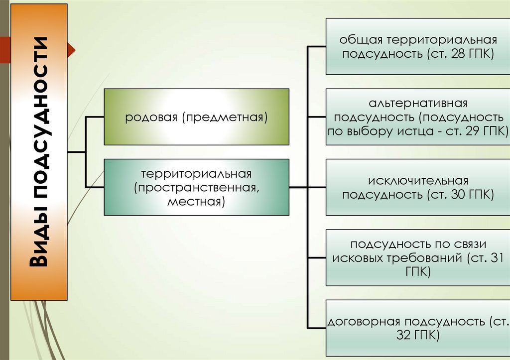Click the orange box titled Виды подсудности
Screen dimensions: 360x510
39,152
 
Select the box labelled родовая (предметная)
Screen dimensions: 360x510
196,117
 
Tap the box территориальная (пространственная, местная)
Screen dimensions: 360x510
196,187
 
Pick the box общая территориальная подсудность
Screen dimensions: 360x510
417,46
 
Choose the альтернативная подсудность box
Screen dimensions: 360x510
417,117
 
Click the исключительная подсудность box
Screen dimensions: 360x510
417,187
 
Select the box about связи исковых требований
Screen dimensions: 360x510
417,258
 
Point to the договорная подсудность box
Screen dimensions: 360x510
417,328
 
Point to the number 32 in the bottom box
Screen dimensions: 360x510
405,335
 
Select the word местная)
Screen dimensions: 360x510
196,202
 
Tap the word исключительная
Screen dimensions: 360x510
418,180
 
